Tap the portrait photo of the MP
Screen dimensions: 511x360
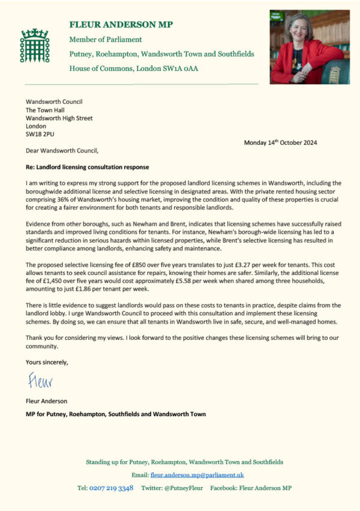click(309, 46)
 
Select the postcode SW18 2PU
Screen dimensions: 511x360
click(40, 135)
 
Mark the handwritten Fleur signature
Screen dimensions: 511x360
click(40, 381)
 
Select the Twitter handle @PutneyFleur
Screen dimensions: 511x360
click(183, 488)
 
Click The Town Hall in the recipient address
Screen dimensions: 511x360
click(47, 110)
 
